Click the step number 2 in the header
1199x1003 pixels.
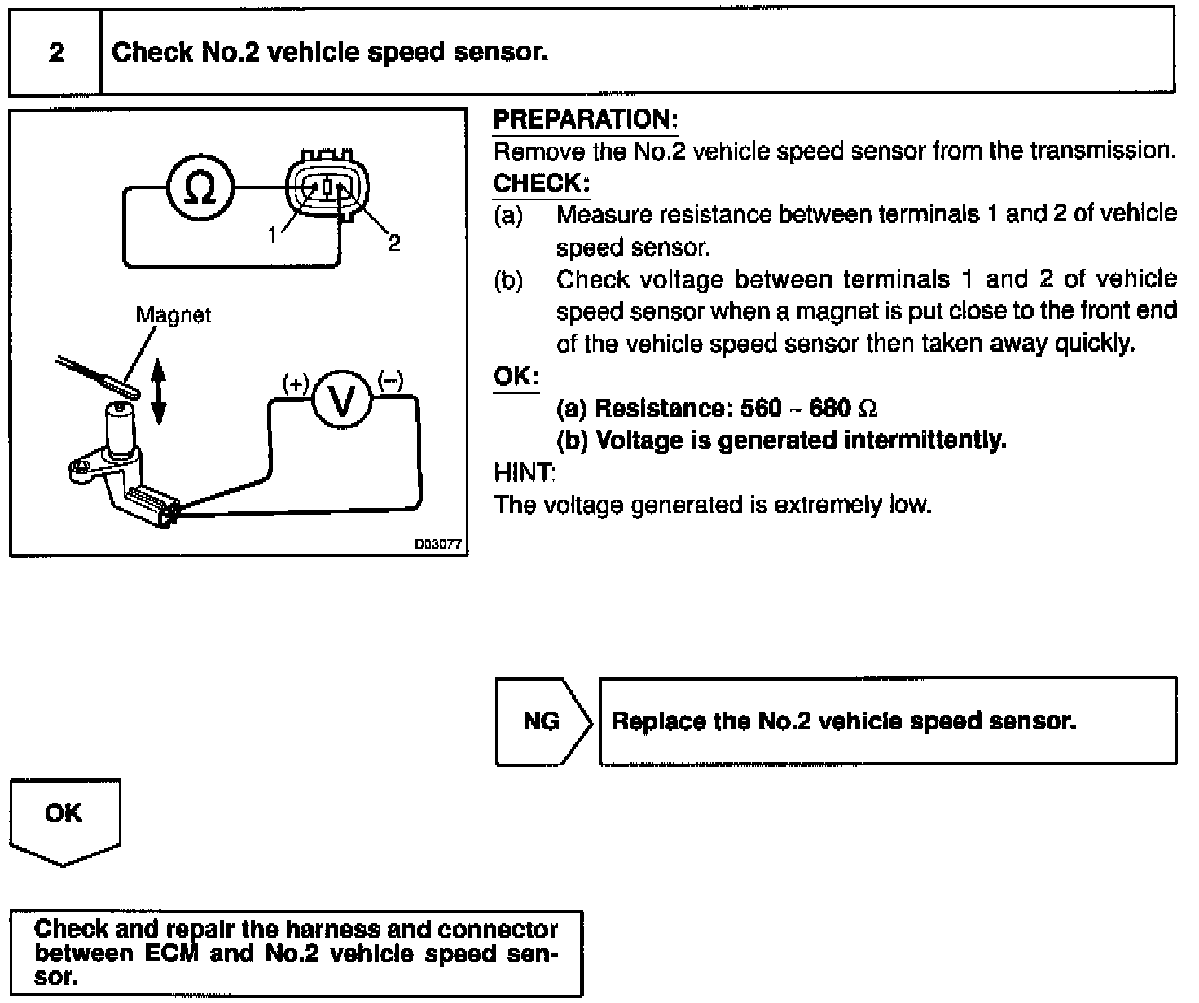point(55,53)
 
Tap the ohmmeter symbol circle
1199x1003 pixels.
point(200,190)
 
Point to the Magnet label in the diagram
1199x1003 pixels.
point(173,315)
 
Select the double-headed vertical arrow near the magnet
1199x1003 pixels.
point(159,393)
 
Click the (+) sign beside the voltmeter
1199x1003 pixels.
point(296,382)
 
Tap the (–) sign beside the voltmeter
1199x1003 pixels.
point(391,380)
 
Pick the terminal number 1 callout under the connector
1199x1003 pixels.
point(274,235)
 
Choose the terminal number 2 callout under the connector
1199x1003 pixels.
point(394,243)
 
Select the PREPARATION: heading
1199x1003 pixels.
point(586,120)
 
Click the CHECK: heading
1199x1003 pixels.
point(542,184)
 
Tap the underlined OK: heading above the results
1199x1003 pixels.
point(516,377)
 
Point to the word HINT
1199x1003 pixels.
point(525,472)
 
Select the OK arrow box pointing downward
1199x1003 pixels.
point(64,819)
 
